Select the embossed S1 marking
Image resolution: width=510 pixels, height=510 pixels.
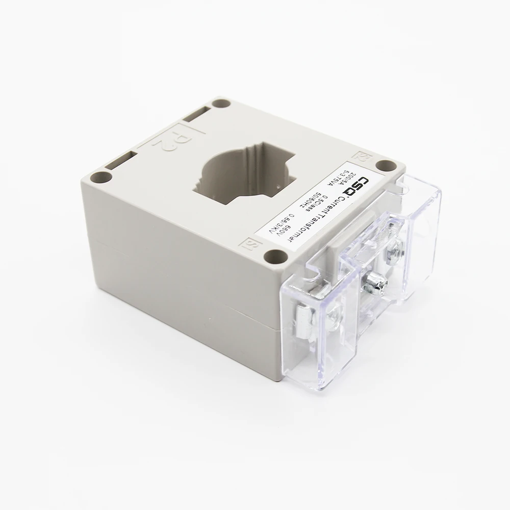point(251,242)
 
